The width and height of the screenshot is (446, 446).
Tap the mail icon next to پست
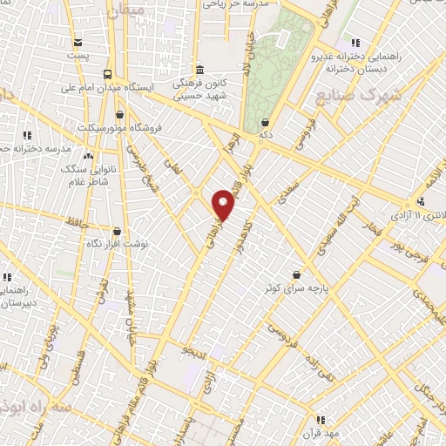click(78, 43)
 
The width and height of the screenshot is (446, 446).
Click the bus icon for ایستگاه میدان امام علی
click(107, 75)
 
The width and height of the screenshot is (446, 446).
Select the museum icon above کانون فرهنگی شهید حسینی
click(200, 70)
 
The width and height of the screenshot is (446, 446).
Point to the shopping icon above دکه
click(264, 123)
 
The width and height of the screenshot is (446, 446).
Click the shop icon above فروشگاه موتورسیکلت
click(119, 115)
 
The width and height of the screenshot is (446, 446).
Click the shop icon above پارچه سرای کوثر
click(297, 274)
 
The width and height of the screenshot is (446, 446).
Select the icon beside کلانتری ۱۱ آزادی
click(421, 202)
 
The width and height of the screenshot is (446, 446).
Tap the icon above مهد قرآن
click(320, 419)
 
